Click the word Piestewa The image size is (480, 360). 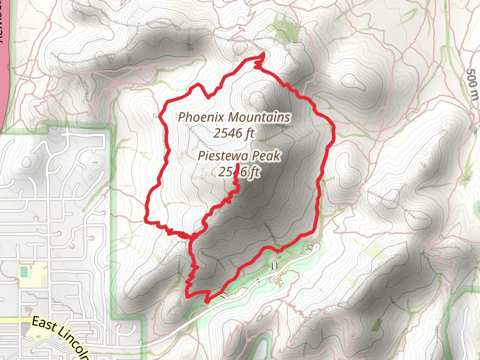[223, 157]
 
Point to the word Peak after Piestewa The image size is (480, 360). [266, 157]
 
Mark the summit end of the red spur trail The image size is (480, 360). [238, 165]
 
